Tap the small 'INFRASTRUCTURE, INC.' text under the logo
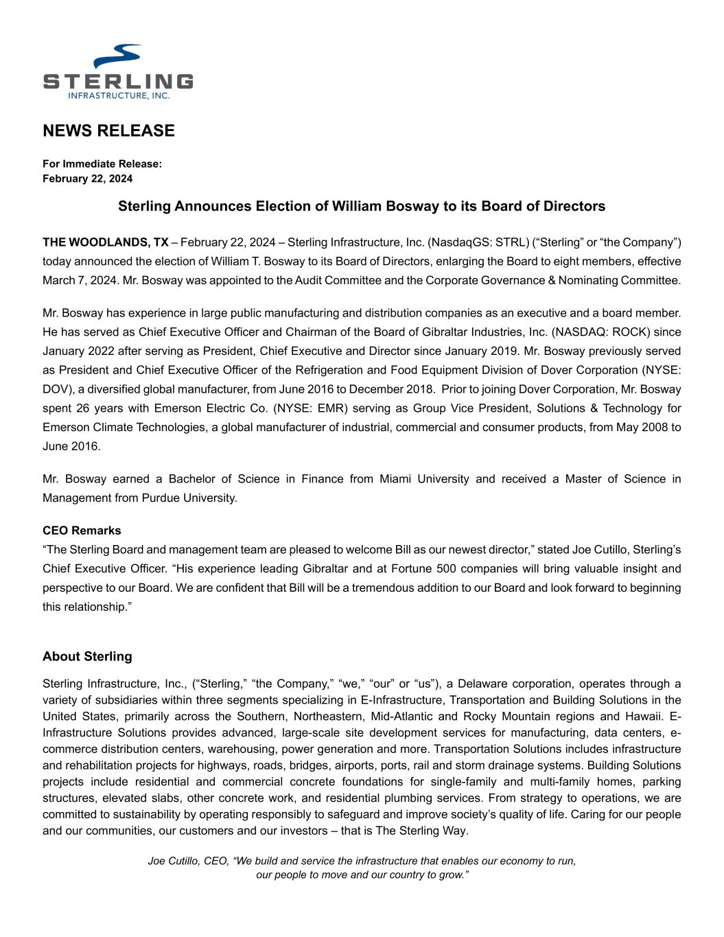tap(118, 95)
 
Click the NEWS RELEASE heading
tap(108, 130)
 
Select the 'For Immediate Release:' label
tap(102, 163)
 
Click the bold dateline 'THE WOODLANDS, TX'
tap(105, 242)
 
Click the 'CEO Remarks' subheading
tap(82, 531)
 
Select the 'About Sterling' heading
tap(87, 656)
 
